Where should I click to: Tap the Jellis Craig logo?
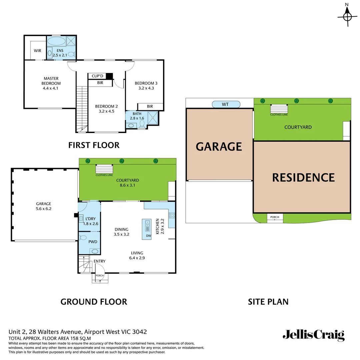(x=313, y=335)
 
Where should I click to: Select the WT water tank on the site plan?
(x=226, y=104)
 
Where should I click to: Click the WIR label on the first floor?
(x=38, y=51)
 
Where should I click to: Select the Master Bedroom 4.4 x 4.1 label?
(x=51, y=83)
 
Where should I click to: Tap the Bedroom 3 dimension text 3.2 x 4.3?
(x=146, y=88)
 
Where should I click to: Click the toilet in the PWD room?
(x=83, y=238)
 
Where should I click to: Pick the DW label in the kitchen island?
(x=149, y=236)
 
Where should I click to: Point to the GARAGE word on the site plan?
(x=219, y=146)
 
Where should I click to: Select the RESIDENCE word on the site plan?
(x=303, y=177)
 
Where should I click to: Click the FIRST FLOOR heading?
(x=94, y=145)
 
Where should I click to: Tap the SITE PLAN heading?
(x=268, y=302)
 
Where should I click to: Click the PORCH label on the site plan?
(x=275, y=217)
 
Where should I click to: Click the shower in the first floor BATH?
(x=153, y=117)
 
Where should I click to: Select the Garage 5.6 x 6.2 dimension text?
(x=44, y=209)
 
